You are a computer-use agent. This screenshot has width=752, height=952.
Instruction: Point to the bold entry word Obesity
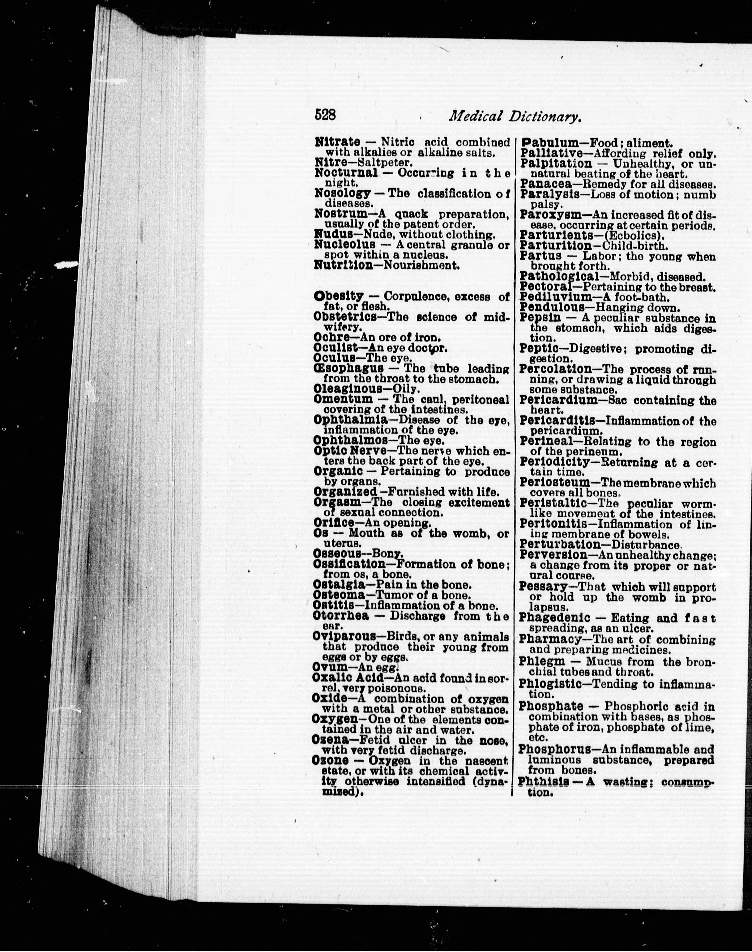339,297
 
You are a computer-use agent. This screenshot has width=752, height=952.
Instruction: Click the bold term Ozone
330,761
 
